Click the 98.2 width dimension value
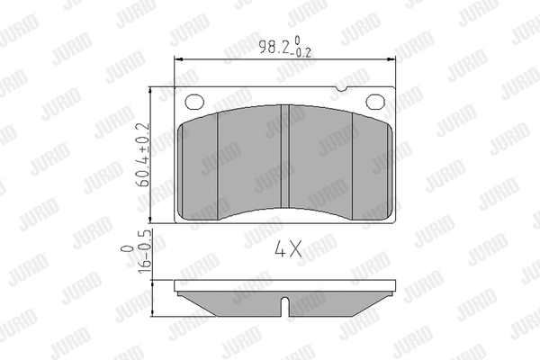(274, 47)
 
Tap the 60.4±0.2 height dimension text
(143, 155)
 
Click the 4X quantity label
(288, 248)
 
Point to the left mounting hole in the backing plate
(194, 102)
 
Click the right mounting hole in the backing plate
(375, 102)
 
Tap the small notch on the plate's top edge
(342, 89)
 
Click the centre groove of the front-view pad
(284, 157)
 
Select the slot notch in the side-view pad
(284, 306)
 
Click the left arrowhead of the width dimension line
(178, 59)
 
